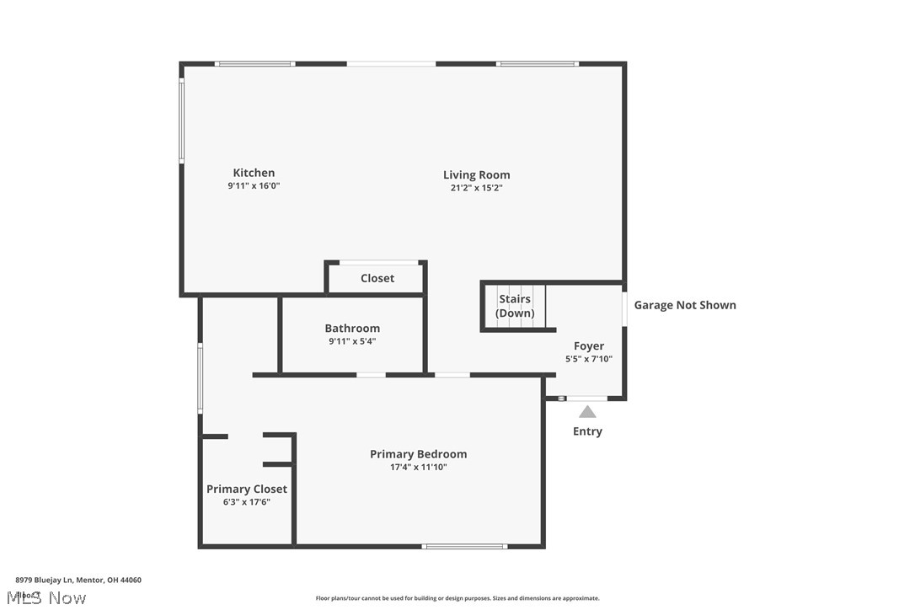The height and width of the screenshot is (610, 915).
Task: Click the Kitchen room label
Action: pyautogui.click(x=254, y=173)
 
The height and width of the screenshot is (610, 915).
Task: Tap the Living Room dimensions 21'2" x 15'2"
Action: pyautogui.click(x=476, y=188)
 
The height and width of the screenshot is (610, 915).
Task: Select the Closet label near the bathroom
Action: pyautogui.click(x=377, y=278)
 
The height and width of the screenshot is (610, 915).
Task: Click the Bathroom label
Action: pyautogui.click(x=352, y=328)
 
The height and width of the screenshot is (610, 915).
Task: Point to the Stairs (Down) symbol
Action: pyautogui.click(x=515, y=306)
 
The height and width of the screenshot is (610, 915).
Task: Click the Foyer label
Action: pyautogui.click(x=588, y=345)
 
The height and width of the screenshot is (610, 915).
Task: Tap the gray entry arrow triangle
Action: pyautogui.click(x=587, y=412)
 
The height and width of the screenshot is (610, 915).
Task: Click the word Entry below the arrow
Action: pyautogui.click(x=587, y=431)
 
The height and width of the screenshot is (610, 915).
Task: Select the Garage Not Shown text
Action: pyautogui.click(x=684, y=305)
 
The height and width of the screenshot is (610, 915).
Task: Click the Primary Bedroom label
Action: pyautogui.click(x=418, y=454)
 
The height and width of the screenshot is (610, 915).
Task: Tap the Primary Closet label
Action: pyautogui.click(x=247, y=489)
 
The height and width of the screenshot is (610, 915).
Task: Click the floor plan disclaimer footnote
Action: pyautogui.click(x=457, y=598)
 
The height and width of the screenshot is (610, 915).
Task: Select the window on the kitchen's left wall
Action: pyautogui.click(x=181, y=120)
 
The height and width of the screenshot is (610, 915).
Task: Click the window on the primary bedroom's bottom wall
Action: pyautogui.click(x=464, y=547)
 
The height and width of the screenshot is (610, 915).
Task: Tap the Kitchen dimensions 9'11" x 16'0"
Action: pyautogui.click(x=254, y=186)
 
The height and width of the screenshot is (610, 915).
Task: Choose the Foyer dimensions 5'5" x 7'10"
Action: pyautogui.click(x=588, y=359)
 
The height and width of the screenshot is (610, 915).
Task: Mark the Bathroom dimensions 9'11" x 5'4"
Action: pyautogui.click(x=352, y=341)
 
